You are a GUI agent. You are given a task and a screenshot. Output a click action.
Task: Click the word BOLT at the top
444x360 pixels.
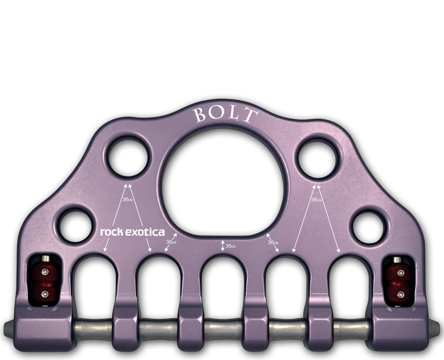[226, 114]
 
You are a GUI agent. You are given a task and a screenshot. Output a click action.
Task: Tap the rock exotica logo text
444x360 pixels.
[132, 232]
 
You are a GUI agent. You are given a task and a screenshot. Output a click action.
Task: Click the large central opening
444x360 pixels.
[223, 186]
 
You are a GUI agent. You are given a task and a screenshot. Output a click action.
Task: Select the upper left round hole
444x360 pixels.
[128, 157]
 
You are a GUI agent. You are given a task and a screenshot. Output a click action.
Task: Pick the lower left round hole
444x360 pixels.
[76, 226]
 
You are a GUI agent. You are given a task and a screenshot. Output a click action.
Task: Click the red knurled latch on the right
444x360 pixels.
[398, 283]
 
